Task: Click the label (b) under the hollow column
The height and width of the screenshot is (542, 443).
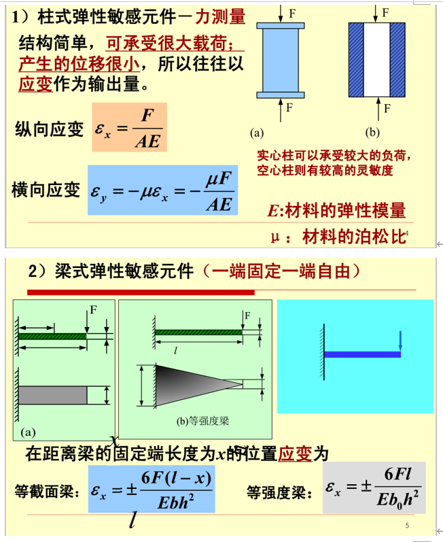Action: point(372,131)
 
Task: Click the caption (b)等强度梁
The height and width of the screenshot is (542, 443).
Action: point(203,420)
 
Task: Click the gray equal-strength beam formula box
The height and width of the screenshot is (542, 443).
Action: point(374,487)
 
